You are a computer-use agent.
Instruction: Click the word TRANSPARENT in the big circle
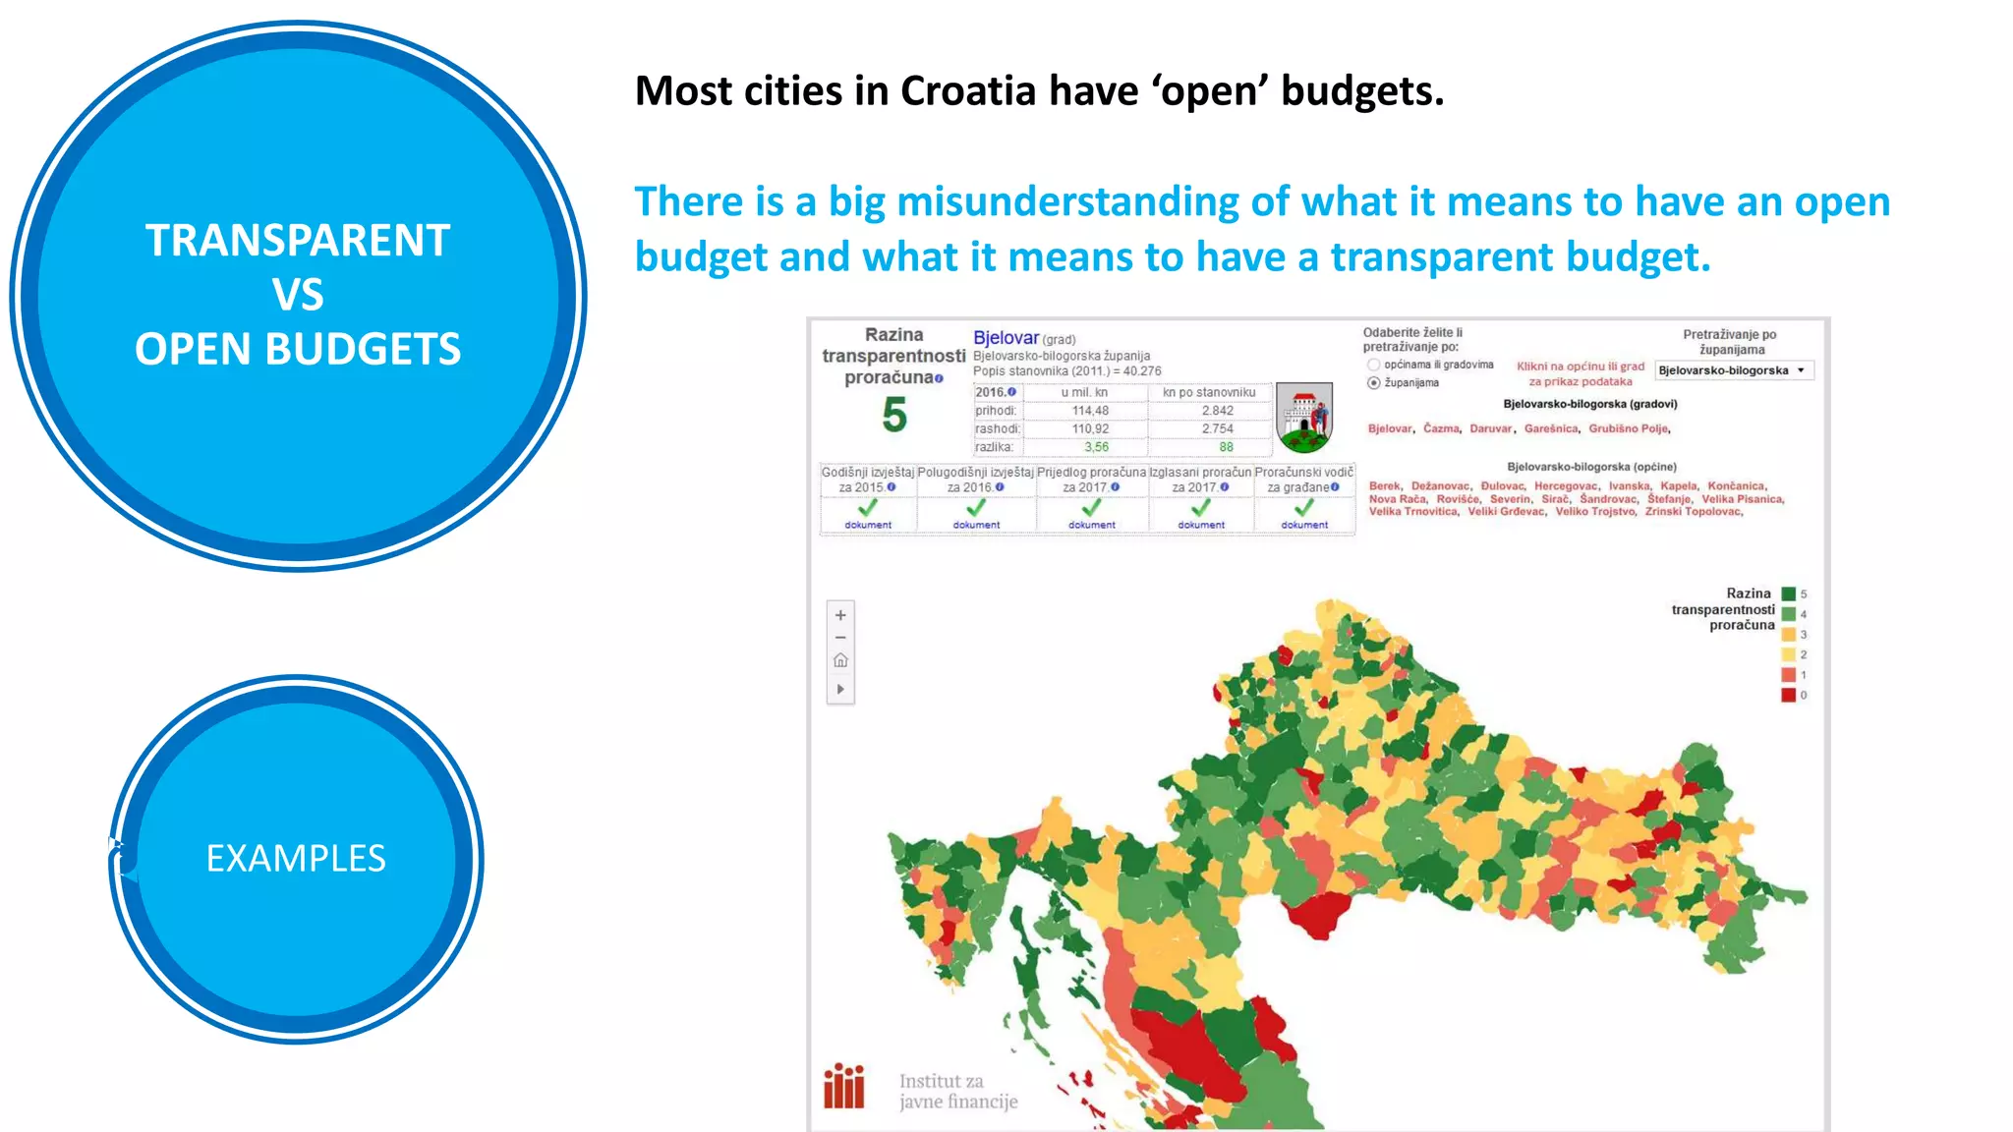(298, 241)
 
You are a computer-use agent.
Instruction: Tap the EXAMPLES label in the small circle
(296, 859)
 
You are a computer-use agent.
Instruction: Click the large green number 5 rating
(893, 416)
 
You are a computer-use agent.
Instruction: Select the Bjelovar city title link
(1006, 338)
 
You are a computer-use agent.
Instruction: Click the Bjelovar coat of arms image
(1303, 418)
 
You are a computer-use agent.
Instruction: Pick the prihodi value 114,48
(1090, 411)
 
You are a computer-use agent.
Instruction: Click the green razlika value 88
(1226, 447)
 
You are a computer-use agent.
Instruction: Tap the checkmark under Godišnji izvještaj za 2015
(867, 508)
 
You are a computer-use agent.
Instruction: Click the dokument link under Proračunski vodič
(1304, 525)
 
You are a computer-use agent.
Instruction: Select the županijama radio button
(1374, 383)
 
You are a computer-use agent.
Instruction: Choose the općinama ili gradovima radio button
(1374, 365)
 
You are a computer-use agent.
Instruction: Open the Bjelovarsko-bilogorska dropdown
(1734, 370)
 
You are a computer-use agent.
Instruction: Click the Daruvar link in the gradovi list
(1491, 428)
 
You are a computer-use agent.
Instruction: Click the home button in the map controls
(840, 660)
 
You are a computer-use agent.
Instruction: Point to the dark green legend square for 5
(1788, 594)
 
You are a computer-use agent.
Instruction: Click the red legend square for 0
(1788, 695)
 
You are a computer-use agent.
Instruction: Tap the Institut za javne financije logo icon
(843, 1086)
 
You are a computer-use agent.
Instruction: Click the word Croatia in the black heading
(968, 91)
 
